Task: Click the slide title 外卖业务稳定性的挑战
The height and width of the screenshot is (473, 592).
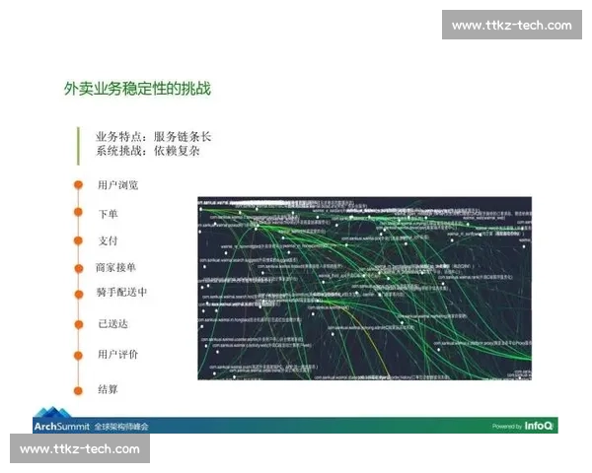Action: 138,90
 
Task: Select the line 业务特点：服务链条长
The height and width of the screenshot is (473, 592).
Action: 153,137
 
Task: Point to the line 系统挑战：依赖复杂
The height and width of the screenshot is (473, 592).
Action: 147,152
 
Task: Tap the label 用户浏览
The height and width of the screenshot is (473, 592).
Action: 117,185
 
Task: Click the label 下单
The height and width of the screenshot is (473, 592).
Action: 108,213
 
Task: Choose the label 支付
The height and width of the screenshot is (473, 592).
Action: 108,240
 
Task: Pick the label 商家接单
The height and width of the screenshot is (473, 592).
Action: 116,267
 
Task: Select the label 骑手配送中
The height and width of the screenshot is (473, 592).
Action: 121,293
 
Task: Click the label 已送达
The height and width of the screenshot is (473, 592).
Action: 112,323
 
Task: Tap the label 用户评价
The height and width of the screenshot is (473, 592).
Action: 117,354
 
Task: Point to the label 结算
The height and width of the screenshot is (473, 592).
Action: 108,389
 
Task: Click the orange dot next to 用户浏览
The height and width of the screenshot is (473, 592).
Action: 77,185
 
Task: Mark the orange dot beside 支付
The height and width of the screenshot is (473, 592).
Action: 77,240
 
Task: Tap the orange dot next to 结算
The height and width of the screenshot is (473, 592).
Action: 77,389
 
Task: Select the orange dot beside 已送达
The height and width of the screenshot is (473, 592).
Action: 77,323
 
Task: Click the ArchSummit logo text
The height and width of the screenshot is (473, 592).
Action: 60,427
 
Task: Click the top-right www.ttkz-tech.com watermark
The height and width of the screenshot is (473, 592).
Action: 511,25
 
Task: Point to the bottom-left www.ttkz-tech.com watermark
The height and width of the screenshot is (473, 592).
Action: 80,449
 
